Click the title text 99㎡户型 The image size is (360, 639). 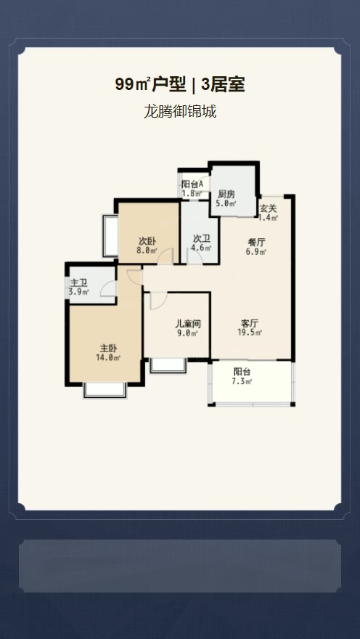[x=151, y=85]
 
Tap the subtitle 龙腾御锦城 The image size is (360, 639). [x=180, y=112]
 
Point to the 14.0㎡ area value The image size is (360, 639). [x=108, y=358]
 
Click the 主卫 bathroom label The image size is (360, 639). [x=78, y=282]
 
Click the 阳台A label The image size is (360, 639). [x=192, y=184]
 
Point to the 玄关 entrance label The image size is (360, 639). [x=269, y=208]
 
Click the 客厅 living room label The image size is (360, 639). [x=250, y=323]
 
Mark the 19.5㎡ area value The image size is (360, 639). [x=250, y=333]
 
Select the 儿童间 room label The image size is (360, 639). [x=188, y=324]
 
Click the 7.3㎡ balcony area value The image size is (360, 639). [x=242, y=382]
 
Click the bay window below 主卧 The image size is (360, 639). [x=105, y=390]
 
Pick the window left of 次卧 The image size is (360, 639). [x=110, y=236]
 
